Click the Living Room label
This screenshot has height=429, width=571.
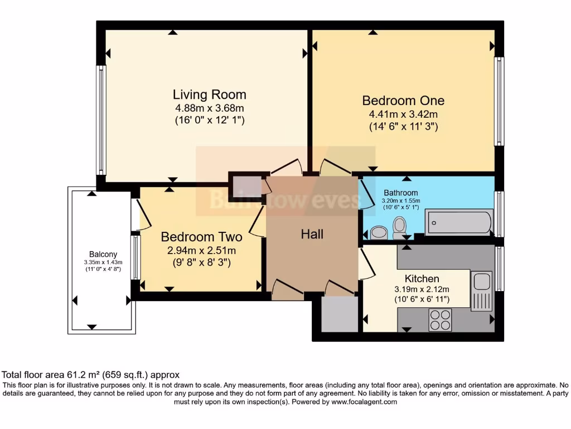[x=209, y=94]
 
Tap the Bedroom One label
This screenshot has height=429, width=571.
[x=403, y=101]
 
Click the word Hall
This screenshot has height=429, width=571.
[x=312, y=234]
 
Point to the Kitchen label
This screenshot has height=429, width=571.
[x=422, y=278]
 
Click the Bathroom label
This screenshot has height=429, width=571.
[x=400, y=193]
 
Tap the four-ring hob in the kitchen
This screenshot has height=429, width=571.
[x=440, y=320]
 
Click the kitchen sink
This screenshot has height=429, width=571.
[x=481, y=291]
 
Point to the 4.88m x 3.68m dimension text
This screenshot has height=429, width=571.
[x=209, y=108]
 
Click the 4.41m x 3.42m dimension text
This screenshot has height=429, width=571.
[x=403, y=114]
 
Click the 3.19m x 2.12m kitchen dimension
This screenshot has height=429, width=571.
[x=422, y=289]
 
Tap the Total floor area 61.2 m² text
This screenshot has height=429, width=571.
[x=91, y=375]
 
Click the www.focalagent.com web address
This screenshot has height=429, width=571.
[x=364, y=402]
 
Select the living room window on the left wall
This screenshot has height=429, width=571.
[x=101, y=120]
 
